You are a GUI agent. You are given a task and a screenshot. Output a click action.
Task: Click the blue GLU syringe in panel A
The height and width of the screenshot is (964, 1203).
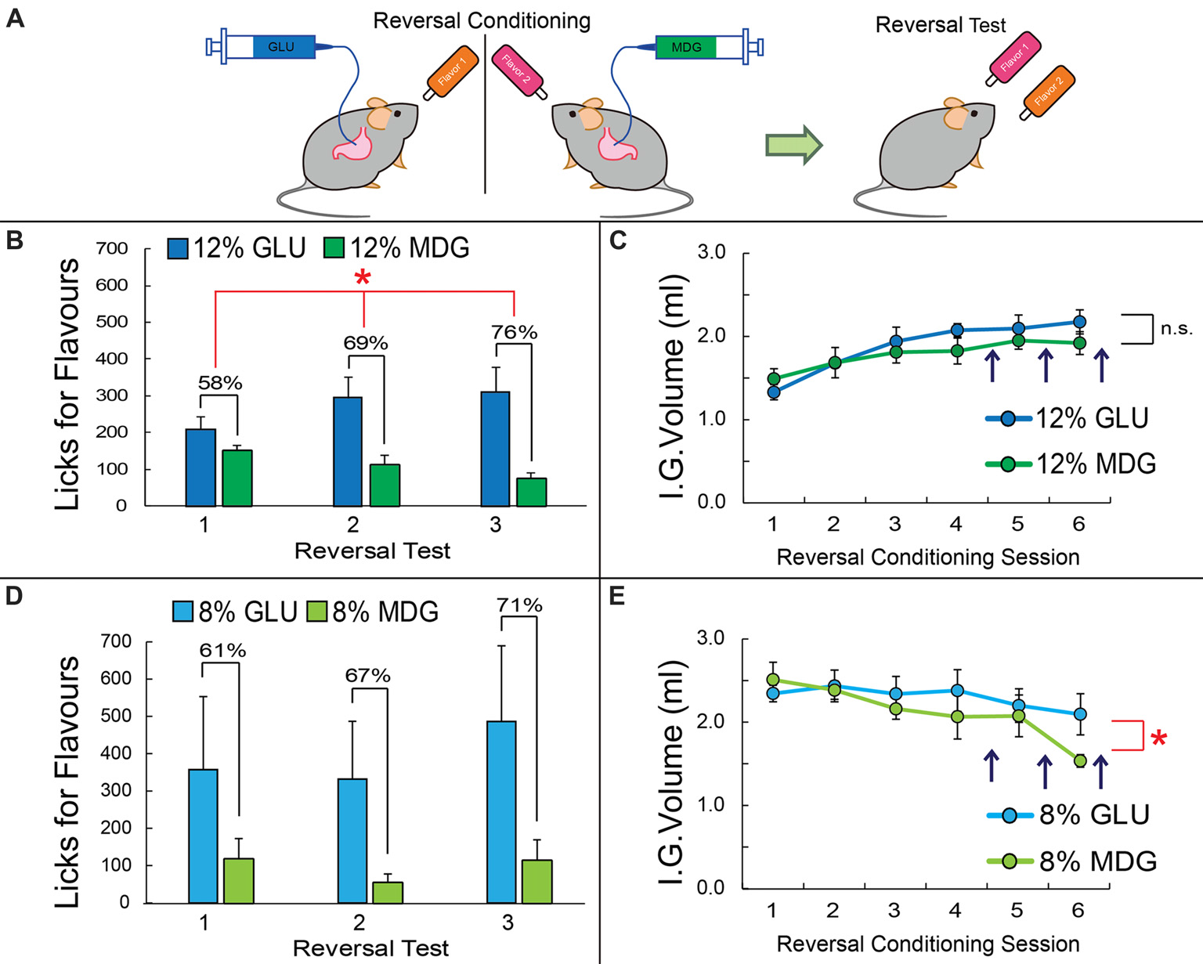[270, 47]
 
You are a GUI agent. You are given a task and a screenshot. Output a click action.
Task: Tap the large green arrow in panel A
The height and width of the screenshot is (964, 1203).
[793, 146]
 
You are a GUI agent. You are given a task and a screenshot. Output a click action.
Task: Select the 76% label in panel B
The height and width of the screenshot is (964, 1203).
[514, 333]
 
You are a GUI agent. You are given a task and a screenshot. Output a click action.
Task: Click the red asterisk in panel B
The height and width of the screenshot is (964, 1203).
[362, 278]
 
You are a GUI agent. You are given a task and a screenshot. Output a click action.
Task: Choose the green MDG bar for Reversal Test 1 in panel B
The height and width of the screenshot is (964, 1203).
[237, 478]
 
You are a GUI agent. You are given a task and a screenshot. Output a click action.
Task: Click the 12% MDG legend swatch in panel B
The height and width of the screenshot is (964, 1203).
[334, 248]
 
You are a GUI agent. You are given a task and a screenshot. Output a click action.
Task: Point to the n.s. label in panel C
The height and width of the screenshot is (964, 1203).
[1176, 329]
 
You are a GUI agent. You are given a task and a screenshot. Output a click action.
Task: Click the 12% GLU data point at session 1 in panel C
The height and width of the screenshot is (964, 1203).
[773, 392]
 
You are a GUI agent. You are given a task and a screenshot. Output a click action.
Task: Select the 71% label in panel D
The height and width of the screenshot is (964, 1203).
[519, 605]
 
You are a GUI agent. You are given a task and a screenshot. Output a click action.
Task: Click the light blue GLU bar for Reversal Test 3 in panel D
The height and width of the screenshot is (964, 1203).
[501, 811]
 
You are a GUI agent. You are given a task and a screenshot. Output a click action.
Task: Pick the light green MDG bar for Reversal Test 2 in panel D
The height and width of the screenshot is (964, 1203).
[388, 892]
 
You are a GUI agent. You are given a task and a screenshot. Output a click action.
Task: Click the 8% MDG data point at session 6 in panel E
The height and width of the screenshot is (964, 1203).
[1079, 760]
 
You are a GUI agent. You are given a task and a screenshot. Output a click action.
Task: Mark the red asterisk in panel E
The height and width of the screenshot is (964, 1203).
[1158, 738]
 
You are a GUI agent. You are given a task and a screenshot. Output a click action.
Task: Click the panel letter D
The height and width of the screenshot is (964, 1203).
[15, 597]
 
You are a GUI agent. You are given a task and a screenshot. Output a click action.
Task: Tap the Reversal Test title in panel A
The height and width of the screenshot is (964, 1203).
[940, 25]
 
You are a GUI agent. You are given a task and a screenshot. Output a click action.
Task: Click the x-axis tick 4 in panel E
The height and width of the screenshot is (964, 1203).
[956, 910]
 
